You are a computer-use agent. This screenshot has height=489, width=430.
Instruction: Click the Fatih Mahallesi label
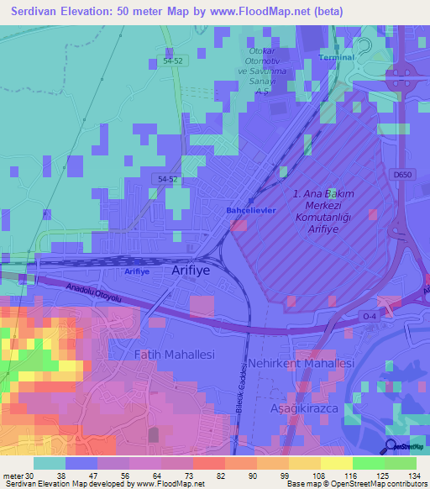coord(175,355)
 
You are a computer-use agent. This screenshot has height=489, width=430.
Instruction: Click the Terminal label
coord(338,57)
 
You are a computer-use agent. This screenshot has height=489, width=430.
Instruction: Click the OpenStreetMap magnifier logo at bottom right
coord(392,447)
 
